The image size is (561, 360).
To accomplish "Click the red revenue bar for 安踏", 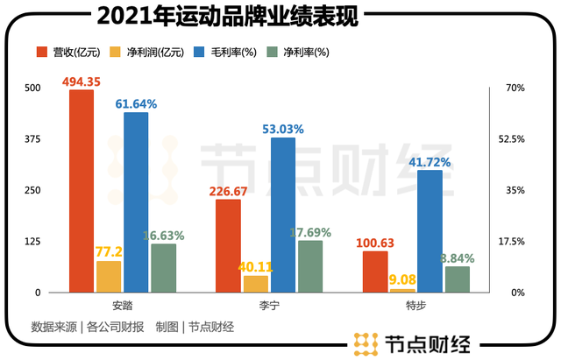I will [82, 190].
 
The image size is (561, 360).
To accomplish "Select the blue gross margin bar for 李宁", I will [283, 215].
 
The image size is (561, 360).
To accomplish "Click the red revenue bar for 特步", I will [375, 272].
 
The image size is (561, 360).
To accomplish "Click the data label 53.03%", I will [283, 129].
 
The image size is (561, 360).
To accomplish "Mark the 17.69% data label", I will [309, 232].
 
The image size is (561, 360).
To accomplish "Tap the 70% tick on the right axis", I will [513, 88].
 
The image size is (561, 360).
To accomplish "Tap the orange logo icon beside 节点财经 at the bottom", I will [366, 343].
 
